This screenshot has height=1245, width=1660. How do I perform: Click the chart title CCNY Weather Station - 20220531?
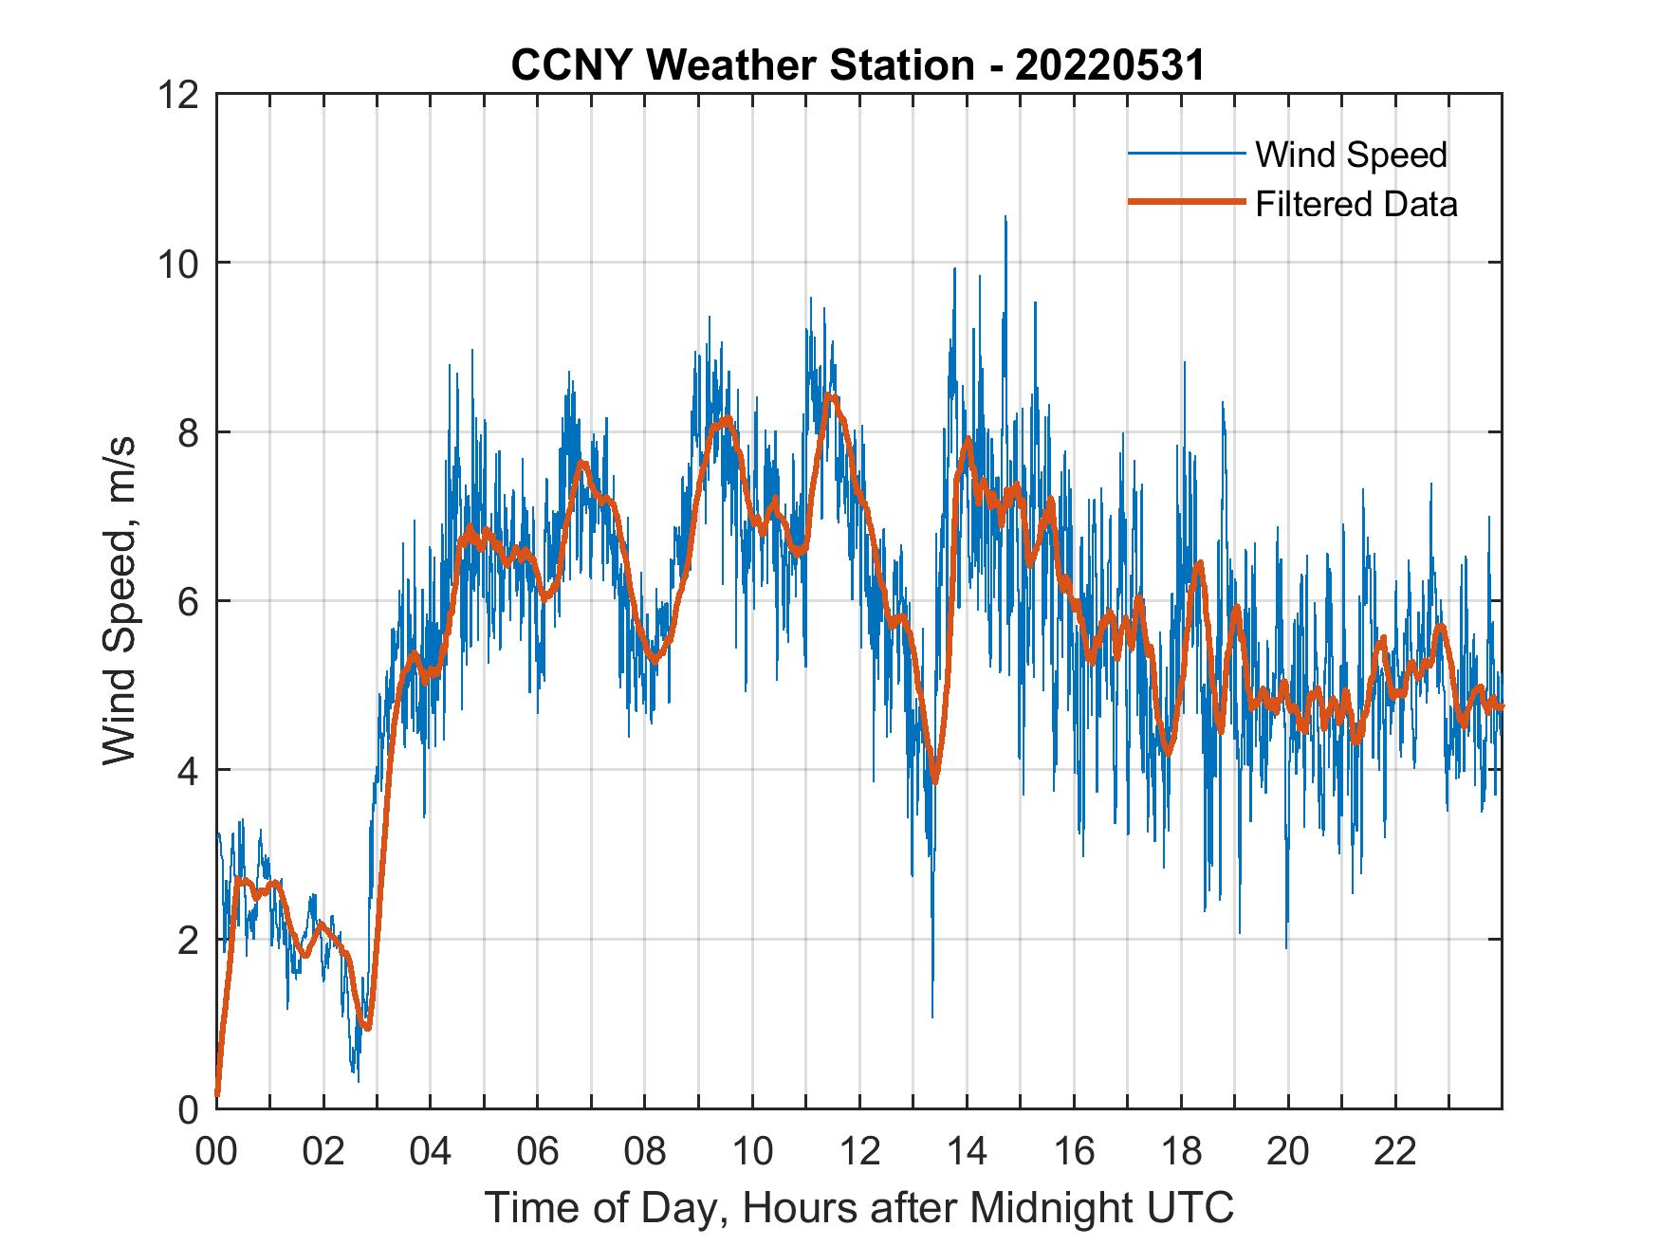[858, 64]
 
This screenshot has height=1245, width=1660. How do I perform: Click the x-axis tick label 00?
[216, 1152]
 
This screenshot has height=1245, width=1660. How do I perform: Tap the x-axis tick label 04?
[431, 1152]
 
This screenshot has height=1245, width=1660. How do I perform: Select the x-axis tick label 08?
[645, 1152]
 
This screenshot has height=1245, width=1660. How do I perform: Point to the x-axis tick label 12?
[859, 1152]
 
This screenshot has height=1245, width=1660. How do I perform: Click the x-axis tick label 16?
[1074, 1152]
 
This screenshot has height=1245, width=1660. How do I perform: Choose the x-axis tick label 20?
[1288, 1152]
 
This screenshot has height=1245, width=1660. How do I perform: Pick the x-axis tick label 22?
[1395, 1152]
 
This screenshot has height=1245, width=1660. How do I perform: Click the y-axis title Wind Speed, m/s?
[120, 600]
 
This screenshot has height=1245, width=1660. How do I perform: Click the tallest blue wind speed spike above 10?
[1005, 218]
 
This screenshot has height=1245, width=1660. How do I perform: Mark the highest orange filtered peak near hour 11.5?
[830, 396]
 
